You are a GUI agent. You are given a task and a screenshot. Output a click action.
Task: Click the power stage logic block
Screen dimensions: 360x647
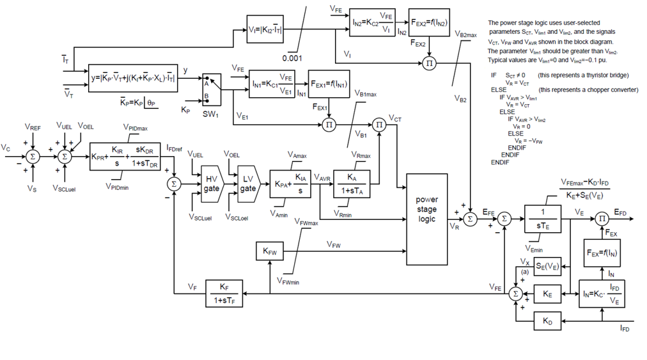tap(426, 209)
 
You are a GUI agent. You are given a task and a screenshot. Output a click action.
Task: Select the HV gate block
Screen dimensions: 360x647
tap(211, 184)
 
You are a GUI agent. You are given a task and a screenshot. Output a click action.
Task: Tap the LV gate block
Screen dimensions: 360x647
tap(247, 184)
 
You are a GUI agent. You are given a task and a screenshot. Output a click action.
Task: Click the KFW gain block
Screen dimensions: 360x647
tap(270, 252)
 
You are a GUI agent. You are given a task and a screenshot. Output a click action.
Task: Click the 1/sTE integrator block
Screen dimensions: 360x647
tap(542, 219)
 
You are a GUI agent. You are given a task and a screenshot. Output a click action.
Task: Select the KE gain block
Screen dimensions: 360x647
tap(547, 293)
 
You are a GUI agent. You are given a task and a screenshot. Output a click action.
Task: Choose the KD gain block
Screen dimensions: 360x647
tap(547, 321)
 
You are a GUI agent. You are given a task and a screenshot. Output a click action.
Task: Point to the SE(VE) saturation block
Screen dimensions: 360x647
tap(547, 266)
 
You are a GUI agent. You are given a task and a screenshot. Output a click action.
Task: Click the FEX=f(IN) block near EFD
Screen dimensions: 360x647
tap(602, 253)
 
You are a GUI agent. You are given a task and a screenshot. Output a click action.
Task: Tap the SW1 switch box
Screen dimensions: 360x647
tap(210, 90)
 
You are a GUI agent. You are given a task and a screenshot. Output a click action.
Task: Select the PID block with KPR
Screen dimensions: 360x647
tap(125, 156)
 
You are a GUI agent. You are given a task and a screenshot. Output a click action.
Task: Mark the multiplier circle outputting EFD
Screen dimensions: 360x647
tap(602, 219)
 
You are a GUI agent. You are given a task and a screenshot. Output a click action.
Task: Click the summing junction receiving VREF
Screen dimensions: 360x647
tap(33, 156)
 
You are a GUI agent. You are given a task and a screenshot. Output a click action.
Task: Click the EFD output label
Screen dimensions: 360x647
tap(620, 212)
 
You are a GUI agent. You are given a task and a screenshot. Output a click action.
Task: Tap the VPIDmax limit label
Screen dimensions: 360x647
tap(136, 127)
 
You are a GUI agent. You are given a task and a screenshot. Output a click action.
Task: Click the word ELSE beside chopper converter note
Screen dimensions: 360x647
tap(499, 90)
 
